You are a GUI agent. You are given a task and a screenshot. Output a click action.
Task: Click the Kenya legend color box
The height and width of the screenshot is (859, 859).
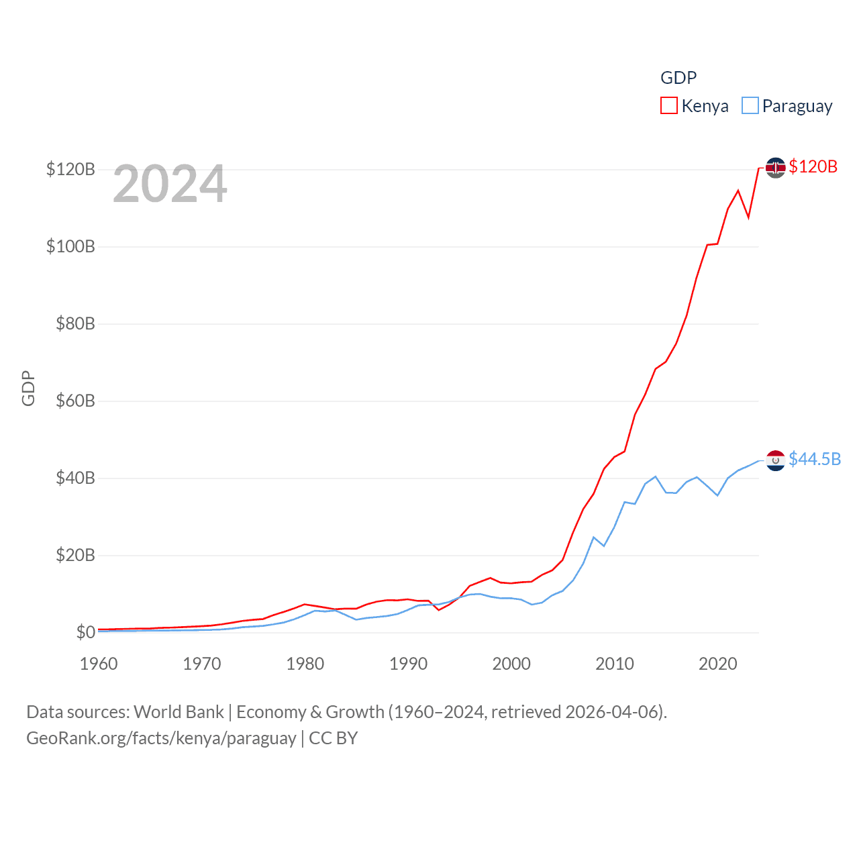[669, 106]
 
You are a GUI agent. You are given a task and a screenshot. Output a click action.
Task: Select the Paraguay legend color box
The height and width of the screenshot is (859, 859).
[750, 106]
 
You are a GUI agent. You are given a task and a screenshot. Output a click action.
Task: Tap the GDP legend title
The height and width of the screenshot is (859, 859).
[678, 78]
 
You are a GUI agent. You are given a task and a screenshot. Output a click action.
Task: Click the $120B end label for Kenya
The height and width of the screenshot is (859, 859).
[813, 166]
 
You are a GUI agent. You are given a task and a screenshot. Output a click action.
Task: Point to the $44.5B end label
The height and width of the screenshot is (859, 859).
[814, 459]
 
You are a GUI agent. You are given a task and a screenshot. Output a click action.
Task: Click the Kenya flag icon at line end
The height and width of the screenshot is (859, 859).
[776, 167]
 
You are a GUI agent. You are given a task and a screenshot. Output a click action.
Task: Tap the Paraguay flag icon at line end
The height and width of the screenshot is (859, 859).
[776, 460]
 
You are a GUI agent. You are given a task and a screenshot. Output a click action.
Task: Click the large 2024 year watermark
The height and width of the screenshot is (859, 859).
[170, 184]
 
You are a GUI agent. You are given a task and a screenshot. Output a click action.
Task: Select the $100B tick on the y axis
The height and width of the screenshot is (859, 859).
[70, 246]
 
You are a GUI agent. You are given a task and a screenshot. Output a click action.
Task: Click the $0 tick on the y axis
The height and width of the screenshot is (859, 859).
[85, 632]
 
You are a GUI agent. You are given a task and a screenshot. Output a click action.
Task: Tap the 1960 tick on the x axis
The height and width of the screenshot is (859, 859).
[99, 664]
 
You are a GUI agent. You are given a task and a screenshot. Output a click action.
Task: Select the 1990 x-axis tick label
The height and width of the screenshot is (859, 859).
[408, 664]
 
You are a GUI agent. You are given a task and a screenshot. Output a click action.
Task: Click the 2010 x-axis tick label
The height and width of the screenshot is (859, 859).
[615, 664]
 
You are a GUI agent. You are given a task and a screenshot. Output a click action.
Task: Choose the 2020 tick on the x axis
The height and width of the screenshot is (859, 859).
[718, 664]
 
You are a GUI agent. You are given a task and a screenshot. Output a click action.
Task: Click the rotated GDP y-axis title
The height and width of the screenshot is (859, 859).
[28, 388]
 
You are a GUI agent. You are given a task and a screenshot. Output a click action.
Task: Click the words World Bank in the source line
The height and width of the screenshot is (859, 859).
[179, 712]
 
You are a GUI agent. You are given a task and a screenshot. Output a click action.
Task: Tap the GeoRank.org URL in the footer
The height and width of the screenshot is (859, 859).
[161, 738]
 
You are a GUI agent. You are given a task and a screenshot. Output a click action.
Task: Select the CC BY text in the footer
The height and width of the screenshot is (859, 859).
[333, 738]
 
